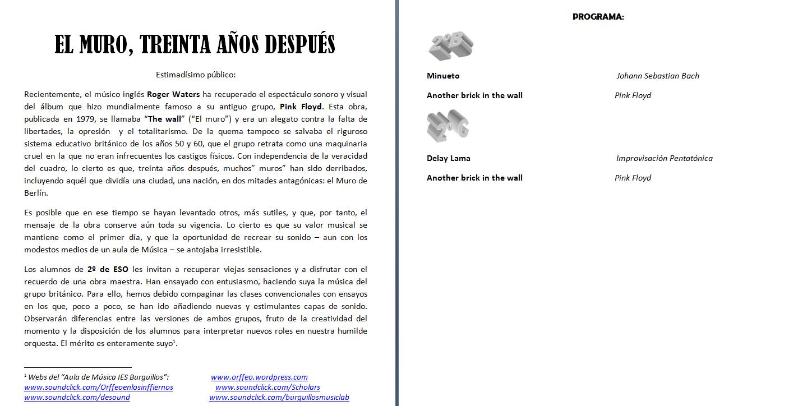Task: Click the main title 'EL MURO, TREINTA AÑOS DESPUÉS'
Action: click(195, 44)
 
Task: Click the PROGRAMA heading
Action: click(598, 17)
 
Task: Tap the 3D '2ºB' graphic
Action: click(450, 47)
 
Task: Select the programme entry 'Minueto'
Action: click(442, 76)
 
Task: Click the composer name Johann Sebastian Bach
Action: click(657, 76)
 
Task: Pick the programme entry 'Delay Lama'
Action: click(448, 158)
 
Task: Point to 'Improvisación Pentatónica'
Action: click(664, 158)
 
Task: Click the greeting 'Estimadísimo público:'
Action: click(195, 74)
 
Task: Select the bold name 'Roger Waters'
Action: click(173, 94)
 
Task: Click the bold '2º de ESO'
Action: click(108, 269)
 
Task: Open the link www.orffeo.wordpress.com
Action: click(259, 377)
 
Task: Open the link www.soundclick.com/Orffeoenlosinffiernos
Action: click(99, 387)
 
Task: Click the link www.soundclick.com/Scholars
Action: click(267, 387)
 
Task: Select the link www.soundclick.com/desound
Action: click(77, 398)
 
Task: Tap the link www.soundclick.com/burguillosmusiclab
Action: click(279, 398)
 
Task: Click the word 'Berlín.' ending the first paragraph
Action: click(36, 193)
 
